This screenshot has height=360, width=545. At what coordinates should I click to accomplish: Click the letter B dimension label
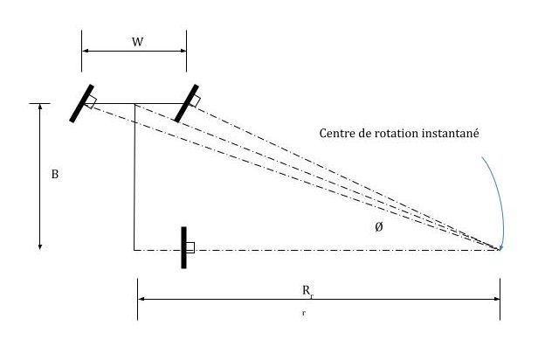point(55,175)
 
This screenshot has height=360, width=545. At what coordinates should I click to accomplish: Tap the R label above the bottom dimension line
point(320,288)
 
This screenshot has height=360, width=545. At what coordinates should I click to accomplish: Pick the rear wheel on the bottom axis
point(183,247)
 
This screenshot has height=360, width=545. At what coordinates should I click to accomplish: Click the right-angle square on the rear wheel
point(190,247)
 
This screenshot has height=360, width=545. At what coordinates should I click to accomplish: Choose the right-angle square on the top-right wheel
point(195,103)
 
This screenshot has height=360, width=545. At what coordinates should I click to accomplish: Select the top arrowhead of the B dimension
point(39,107)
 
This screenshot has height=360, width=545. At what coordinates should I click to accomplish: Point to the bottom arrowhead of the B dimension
point(39,246)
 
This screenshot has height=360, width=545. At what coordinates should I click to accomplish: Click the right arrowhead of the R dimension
point(496,299)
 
